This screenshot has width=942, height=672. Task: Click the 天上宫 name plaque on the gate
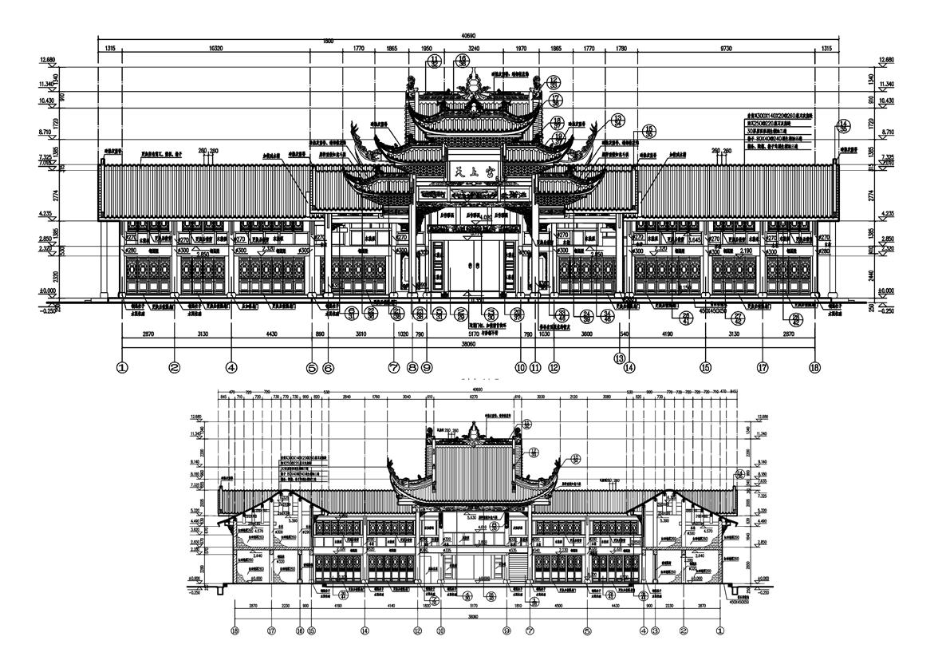[x=471, y=169]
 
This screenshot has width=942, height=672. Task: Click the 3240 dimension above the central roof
[x=474, y=49]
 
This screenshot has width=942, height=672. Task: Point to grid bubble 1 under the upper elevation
[x=122, y=368]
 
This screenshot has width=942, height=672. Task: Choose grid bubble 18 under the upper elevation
[x=815, y=368]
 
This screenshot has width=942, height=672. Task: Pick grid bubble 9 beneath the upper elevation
[x=427, y=368]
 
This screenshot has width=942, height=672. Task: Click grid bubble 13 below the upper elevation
[x=620, y=358]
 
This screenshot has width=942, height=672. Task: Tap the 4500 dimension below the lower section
[x=559, y=607]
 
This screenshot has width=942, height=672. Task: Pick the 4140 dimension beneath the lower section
[x=391, y=607]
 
